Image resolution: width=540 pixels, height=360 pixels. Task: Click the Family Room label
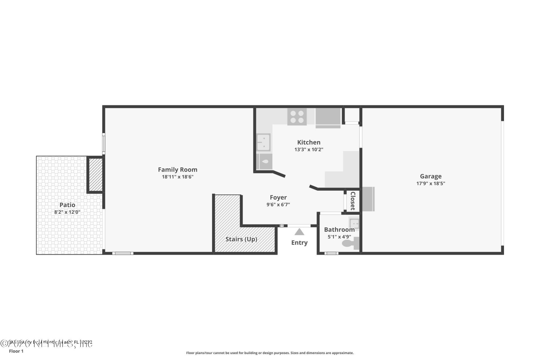tap(177, 170)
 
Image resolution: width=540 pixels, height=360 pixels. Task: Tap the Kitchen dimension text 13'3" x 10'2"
tap(309, 150)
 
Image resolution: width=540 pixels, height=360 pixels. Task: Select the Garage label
tap(431, 176)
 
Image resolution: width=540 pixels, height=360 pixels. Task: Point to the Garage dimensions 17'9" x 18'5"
tap(431, 184)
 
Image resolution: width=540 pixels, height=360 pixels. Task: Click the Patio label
tap(67, 205)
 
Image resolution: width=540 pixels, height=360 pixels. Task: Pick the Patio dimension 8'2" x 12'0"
tap(67, 212)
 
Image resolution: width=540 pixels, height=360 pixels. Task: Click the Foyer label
tap(278, 197)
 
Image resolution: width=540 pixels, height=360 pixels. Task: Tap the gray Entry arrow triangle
tap(299, 232)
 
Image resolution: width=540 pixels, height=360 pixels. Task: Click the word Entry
tap(299, 242)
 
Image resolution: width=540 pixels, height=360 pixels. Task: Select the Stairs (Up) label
tap(241, 239)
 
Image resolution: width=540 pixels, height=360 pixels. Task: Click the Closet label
tap(353, 201)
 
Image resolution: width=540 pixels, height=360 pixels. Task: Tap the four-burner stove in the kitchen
tap(297, 117)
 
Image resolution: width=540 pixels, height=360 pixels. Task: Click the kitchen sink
tap(264, 142)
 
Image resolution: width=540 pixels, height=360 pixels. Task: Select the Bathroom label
tap(339, 229)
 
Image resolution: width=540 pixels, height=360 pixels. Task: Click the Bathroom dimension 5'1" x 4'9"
tap(339, 237)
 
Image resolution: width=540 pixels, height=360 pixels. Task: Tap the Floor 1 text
tap(16, 351)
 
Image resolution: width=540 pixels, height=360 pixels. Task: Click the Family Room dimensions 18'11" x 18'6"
tap(177, 177)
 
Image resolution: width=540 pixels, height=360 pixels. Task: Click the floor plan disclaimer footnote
tap(270, 353)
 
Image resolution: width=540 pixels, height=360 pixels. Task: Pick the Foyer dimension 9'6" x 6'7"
tap(278, 205)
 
